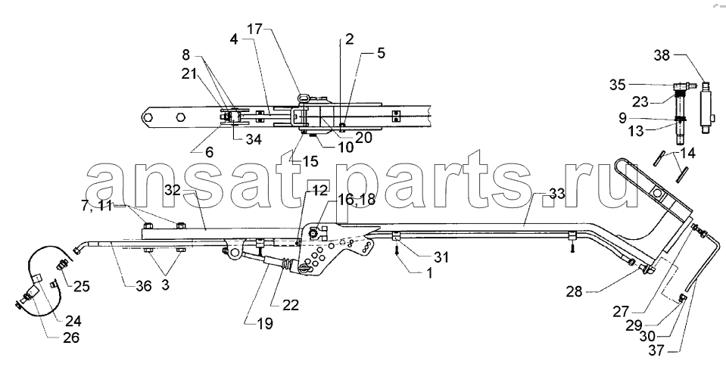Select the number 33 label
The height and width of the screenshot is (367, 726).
[x=556, y=194]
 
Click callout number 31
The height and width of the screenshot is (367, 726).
[x=441, y=257]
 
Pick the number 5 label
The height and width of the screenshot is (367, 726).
[x=381, y=53]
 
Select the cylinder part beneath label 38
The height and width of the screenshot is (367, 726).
[x=706, y=107]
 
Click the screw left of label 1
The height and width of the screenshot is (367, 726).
[x=397, y=250]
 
